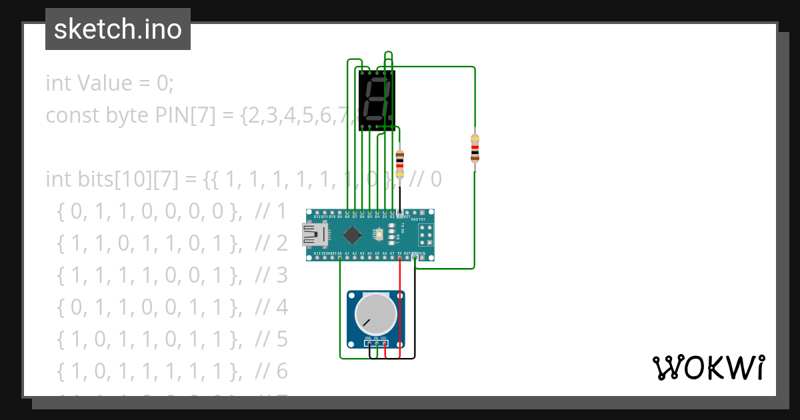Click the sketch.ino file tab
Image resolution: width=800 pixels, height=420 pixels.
click(x=118, y=29)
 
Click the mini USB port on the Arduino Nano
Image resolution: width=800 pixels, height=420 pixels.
click(x=315, y=235)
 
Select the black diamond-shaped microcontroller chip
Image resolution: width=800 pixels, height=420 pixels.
click(x=351, y=235)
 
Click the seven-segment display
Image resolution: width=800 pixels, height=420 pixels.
click(x=377, y=100)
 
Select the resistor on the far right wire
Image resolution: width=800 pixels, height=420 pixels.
click(x=475, y=148)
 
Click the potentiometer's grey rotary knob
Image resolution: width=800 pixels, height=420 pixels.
click(x=375, y=314)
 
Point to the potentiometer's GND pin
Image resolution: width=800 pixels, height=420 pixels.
click(x=367, y=344)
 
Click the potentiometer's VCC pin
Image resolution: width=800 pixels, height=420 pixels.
click(x=385, y=344)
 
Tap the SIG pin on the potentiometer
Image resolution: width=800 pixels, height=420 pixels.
click(x=376, y=344)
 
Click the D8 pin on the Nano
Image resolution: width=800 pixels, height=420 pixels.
click(x=347, y=213)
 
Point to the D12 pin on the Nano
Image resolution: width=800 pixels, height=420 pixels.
click(x=318, y=213)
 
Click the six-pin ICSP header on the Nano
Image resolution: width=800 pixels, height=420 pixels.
click(x=425, y=235)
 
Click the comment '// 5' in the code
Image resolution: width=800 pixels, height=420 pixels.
click(x=271, y=339)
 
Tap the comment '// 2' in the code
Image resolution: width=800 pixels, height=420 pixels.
click(x=271, y=243)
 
